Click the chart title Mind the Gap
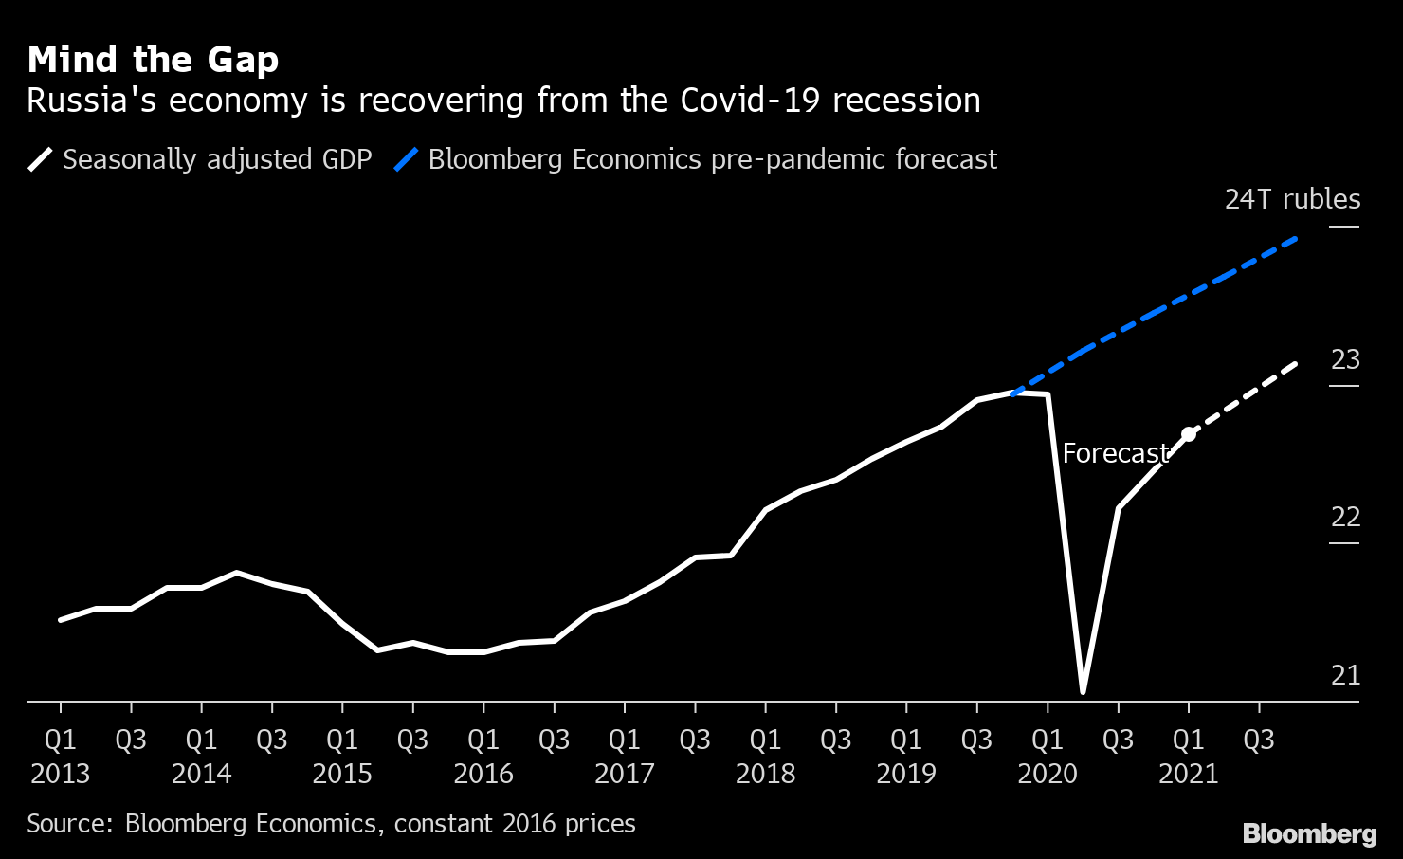153,60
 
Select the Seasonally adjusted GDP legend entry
216,159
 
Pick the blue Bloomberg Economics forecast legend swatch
406,159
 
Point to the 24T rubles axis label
1291,199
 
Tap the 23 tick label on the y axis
1345,360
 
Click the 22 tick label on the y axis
1345,518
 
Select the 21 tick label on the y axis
1345,675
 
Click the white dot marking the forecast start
1189,434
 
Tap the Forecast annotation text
1116,453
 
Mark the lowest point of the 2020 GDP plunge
1083,691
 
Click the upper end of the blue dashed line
1296,238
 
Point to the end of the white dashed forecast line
1296,363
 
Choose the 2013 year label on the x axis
61,774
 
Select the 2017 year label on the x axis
624,774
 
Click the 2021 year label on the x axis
1188,774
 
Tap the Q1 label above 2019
906,740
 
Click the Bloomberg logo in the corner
1309,833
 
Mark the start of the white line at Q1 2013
61,620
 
